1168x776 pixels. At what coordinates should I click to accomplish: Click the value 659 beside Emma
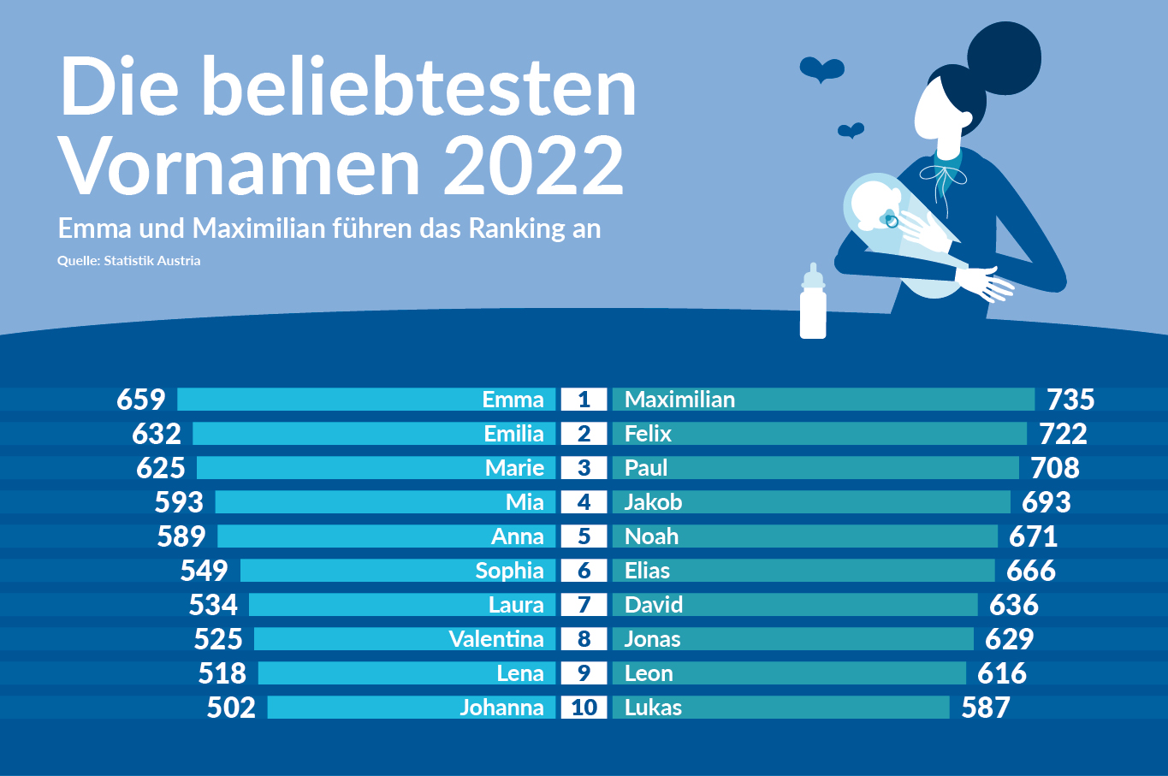[141, 400]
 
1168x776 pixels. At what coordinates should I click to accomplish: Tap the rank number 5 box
[584, 536]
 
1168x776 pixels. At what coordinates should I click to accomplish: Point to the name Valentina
[496, 639]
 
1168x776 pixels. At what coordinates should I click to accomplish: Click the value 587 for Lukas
[986, 708]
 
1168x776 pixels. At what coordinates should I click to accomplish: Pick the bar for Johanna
[412, 708]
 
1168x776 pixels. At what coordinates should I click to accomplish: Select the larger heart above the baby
[822, 69]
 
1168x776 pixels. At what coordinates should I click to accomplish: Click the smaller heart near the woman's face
[851, 130]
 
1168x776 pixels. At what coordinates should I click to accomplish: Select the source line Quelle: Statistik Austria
[129, 261]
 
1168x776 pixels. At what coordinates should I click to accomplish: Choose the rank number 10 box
[584, 708]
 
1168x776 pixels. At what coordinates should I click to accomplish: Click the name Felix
[648, 434]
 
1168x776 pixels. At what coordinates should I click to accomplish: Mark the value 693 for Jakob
[1046, 502]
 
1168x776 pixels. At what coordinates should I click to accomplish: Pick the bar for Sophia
[398, 571]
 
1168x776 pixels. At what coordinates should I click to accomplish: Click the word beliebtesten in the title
[419, 87]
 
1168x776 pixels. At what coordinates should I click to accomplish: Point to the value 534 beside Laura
[213, 605]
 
